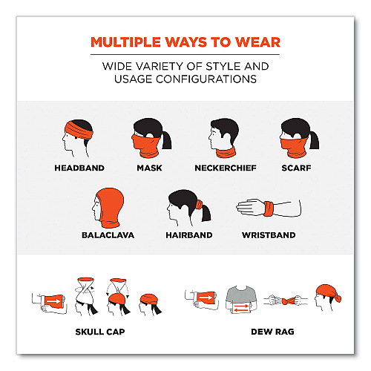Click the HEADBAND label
pos(79,168)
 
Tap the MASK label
pos(149,168)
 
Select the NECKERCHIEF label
pos(226,168)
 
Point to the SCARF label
pos(296,168)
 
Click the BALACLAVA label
pos(108,235)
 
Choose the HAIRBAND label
pos(189,235)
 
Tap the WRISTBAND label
pos(269,235)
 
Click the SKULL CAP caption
pos(100,332)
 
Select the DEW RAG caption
pos(272,332)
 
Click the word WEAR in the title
pos(257,42)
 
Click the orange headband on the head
pos(79,131)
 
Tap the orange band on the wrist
pos(269,209)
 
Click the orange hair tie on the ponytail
pos(199,205)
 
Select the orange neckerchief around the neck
pos(226,152)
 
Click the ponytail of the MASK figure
pos(167,140)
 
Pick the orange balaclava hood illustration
pos(110,208)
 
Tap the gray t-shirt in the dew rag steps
pos(241,295)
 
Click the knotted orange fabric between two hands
pos(288,301)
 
